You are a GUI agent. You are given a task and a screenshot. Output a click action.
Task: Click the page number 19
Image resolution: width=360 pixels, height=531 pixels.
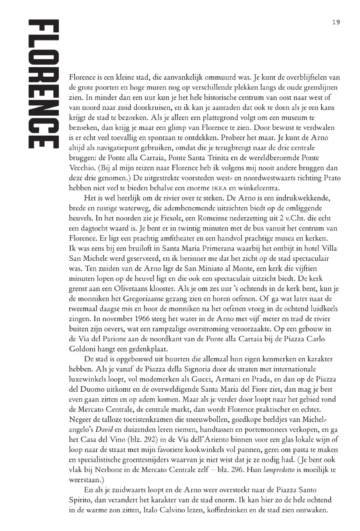point(336,22)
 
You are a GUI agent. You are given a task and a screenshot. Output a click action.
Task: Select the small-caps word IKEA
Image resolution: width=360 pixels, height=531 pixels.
point(219,188)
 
